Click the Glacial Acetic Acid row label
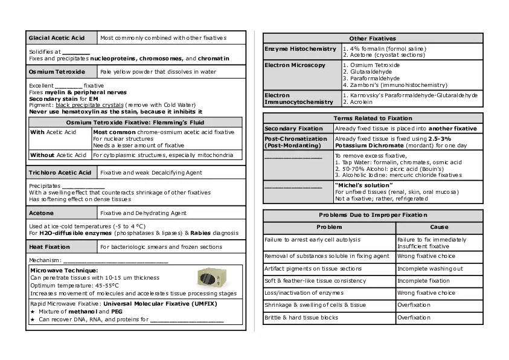(x=57, y=38)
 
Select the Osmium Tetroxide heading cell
(x=57, y=71)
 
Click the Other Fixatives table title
(x=373, y=39)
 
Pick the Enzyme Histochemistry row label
(x=301, y=49)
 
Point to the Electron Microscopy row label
(x=295, y=65)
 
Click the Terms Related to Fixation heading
(x=373, y=118)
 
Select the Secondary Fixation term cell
(x=294, y=129)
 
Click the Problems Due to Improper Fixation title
(x=373, y=215)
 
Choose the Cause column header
(x=439, y=227)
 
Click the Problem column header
(x=329, y=227)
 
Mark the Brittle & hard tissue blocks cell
(x=301, y=318)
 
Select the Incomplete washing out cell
(x=430, y=269)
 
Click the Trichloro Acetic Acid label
(x=60, y=173)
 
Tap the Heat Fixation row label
(x=50, y=247)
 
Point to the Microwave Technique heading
(x=64, y=270)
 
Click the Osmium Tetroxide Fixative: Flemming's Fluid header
(x=135, y=123)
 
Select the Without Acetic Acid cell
(x=59, y=155)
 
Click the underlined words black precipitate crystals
(x=93, y=104)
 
